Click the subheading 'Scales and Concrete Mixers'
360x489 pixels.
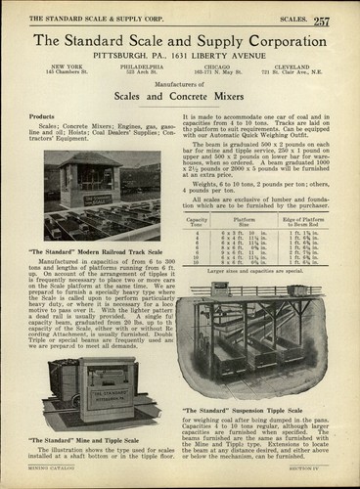(x=181, y=98)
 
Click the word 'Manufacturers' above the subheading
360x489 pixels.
(x=181, y=86)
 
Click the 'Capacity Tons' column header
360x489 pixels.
(x=197, y=222)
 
